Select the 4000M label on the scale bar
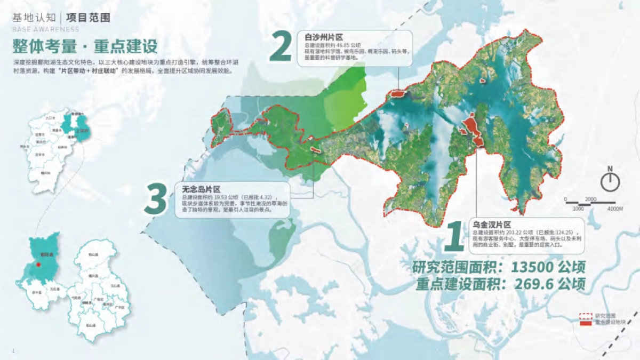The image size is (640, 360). [x=614, y=209]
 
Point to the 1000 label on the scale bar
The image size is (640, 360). [x=578, y=209]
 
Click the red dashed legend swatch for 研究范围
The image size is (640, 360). [x=586, y=316]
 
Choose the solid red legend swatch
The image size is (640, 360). [x=586, y=323]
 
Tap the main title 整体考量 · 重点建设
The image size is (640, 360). [x=85, y=46]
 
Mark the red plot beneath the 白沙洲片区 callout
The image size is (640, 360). [x=398, y=94]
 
